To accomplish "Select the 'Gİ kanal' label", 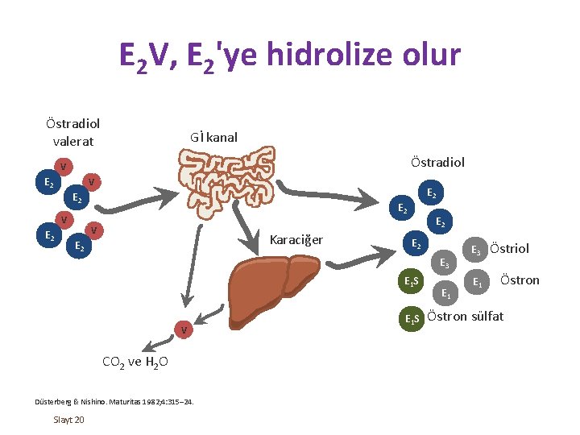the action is (213, 137).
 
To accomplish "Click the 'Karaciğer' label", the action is (296, 240).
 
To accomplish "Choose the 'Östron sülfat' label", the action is (466, 316).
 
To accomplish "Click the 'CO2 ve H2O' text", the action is (135, 362).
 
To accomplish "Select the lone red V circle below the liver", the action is (184, 330).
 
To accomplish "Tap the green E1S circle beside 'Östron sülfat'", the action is (412, 318).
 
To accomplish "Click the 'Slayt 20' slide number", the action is (69, 420).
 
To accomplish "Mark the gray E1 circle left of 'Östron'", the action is (478, 281).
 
